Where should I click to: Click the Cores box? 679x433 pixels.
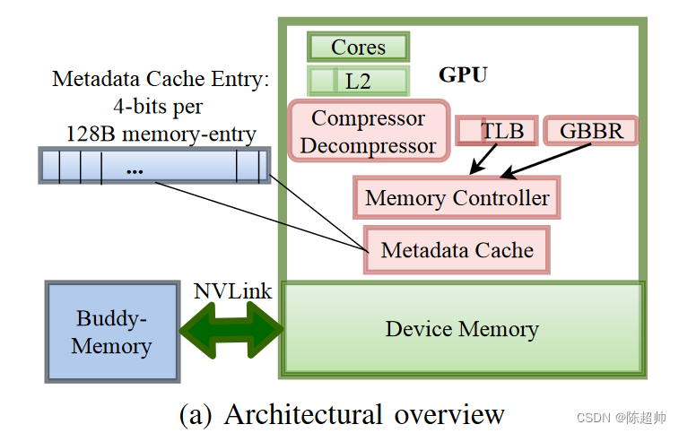[358, 47]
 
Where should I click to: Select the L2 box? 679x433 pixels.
[358, 81]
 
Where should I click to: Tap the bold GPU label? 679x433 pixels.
[463, 74]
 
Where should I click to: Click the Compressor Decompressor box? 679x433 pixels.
[369, 131]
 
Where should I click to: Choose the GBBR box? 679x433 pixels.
[591, 130]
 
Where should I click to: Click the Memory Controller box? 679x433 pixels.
[457, 197]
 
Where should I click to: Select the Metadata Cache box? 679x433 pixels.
[457, 250]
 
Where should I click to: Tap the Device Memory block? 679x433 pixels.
[463, 329]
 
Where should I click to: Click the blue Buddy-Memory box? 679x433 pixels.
[111, 332]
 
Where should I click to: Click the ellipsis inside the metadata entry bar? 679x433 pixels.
[135, 169]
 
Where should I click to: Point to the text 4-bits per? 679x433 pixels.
[158, 106]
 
